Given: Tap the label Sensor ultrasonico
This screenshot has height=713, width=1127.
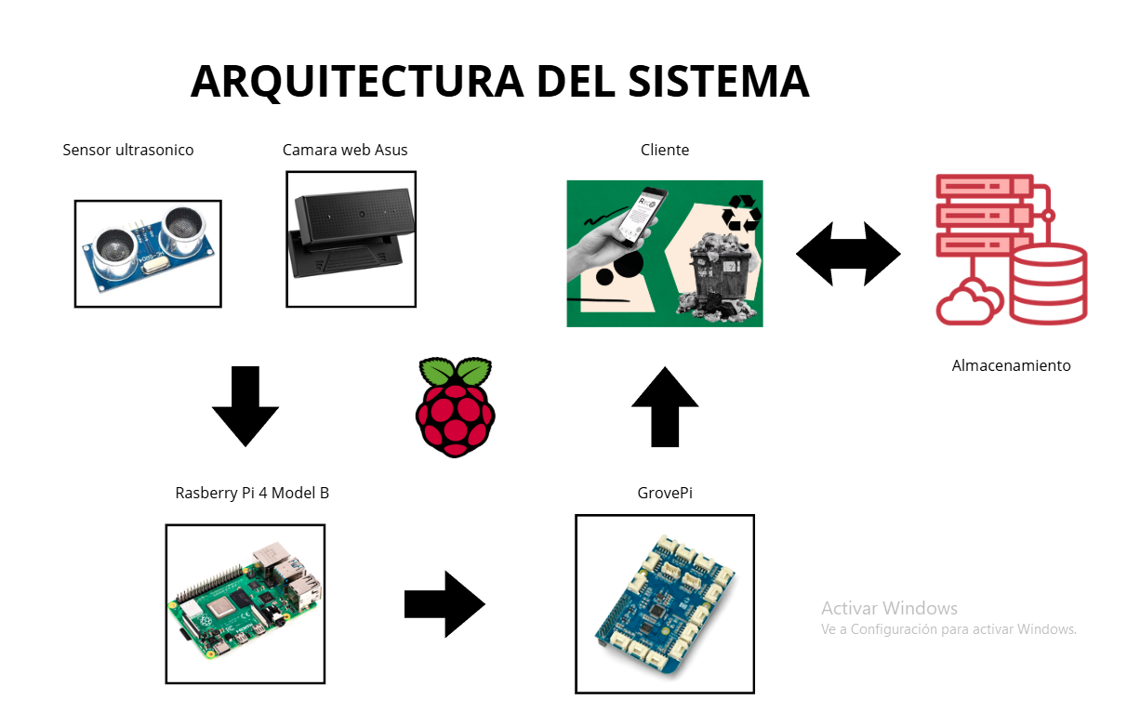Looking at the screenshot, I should click(x=128, y=150).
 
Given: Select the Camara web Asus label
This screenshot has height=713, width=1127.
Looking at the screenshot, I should click(x=345, y=150).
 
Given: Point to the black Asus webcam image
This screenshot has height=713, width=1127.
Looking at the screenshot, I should click(x=351, y=238).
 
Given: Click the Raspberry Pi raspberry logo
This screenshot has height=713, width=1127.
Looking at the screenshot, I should click(x=455, y=406).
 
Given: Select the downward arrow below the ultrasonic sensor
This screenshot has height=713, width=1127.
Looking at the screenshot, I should click(x=245, y=406).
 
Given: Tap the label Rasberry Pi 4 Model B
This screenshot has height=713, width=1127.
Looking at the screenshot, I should click(x=252, y=493).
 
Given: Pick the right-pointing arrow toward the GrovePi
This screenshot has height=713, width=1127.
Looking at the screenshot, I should click(x=444, y=604).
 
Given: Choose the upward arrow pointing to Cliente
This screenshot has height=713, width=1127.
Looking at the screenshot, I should click(x=665, y=406).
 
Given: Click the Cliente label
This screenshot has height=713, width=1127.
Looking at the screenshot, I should click(x=665, y=150).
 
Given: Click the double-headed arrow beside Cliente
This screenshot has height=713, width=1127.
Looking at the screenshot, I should click(x=848, y=254).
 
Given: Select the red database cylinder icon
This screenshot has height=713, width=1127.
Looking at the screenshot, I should click(x=1048, y=283).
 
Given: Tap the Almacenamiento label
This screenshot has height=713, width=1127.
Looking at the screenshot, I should click(x=1011, y=366).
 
